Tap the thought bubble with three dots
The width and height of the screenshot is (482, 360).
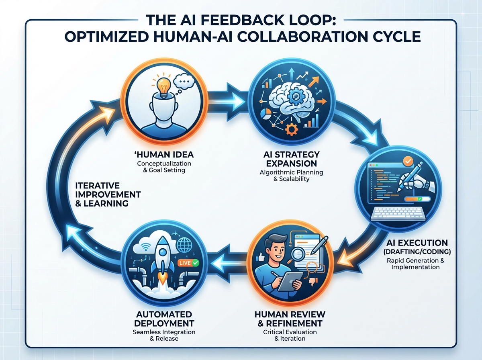184,82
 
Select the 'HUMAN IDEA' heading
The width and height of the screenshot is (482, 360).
164,154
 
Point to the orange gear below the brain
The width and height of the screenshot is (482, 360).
291,129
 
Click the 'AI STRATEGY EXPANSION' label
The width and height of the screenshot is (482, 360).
291,159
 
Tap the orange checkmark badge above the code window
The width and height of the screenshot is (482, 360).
408,162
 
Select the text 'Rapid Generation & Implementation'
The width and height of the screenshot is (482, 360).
415,264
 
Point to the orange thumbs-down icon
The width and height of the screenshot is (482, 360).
313,282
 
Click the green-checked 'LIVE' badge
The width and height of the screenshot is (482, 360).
188,263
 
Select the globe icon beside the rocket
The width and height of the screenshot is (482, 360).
184,245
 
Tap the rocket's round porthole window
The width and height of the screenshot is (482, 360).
162,252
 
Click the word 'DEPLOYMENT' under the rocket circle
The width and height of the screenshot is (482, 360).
164,323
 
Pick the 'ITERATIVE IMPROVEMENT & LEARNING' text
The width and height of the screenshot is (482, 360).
108,194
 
